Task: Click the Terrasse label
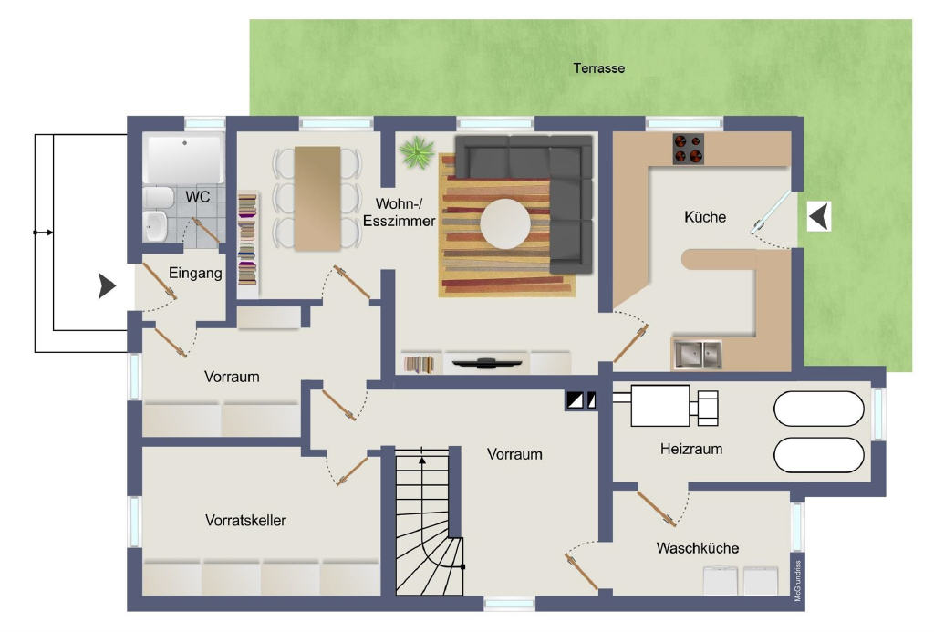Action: [598, 68]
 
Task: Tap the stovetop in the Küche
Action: [689, 149]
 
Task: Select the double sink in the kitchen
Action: [697, 354]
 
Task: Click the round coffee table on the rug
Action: [505, 224]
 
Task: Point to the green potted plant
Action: [416, 152]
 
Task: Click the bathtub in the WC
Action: [184, 159]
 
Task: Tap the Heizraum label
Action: [691, 449]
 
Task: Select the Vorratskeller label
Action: [245, 520]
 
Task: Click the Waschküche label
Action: [698, 548]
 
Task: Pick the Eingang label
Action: [195, 274]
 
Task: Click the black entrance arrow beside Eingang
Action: [108, 286]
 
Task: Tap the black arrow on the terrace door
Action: [820, 215]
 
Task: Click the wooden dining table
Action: [317, 199]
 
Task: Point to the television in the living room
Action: [487, 362]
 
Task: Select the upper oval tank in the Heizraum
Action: [818, 409]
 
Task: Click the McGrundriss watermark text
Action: [798, 580]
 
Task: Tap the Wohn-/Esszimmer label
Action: [400, 212]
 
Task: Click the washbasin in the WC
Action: [156, 226]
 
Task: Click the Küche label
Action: [705, 217]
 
